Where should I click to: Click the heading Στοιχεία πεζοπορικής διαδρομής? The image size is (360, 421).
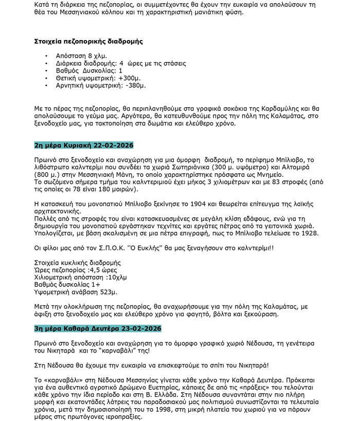pyautogui.click(x=88, y=41)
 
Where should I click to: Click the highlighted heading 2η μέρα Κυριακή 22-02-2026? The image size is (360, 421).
pyautogui.click(x=84, y=145)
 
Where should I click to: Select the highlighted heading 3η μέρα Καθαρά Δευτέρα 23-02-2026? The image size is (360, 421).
pyautogui.click(x=98, y=328)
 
